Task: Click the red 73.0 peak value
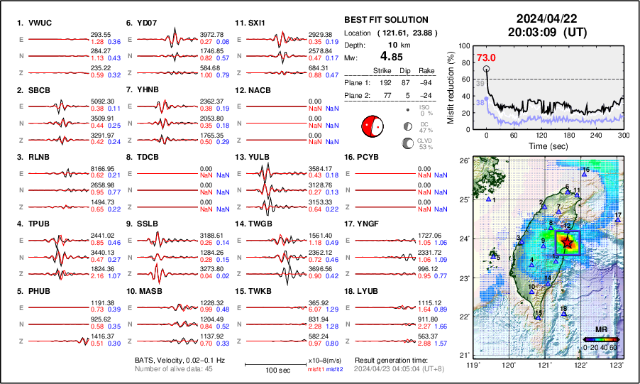(485, 57)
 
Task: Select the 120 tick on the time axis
(541, 135)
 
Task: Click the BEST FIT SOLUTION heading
(386, 20)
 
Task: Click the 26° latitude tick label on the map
(464, 161)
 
